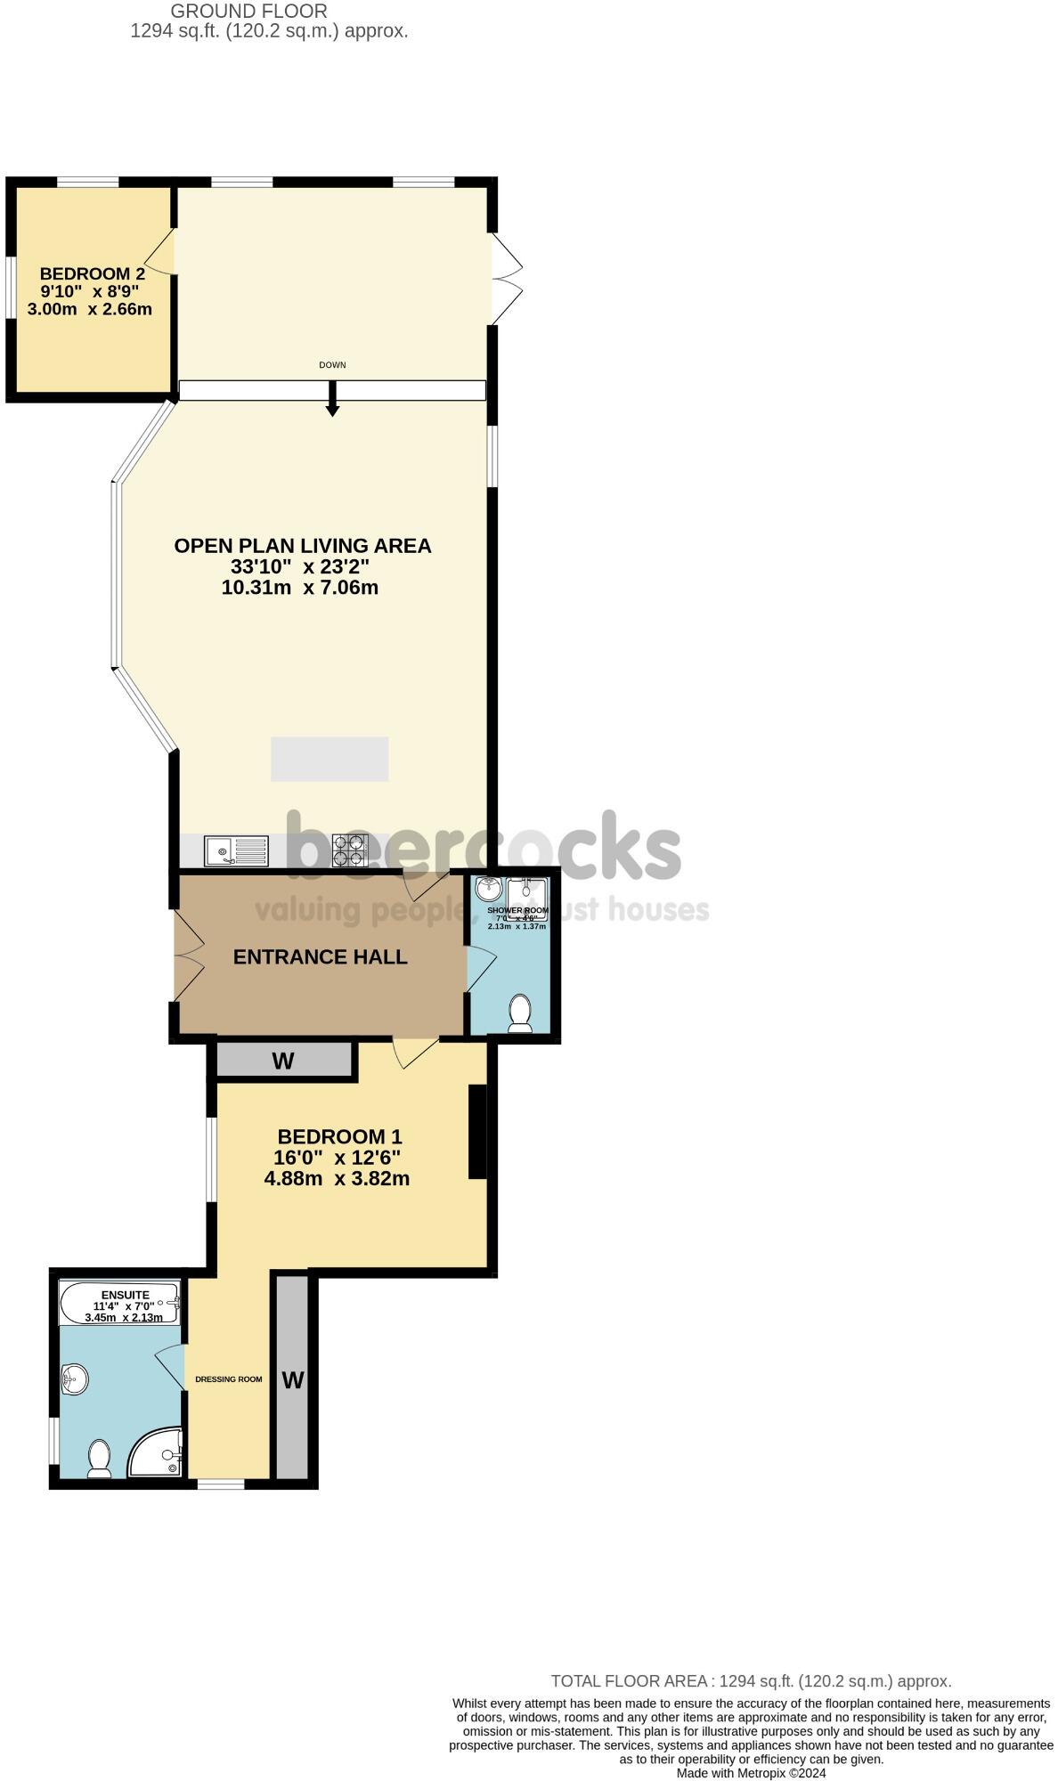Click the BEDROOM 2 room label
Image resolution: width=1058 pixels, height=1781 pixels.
click(x=93, y=274)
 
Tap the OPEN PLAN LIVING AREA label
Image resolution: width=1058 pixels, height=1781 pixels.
click(x=302, y=546)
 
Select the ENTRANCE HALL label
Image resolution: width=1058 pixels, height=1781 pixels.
click(x=320, y=956)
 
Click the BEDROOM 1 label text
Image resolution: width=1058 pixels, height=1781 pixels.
click(x=339, y=1136)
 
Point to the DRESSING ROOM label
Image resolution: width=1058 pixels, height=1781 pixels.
click(x=229, y=1379)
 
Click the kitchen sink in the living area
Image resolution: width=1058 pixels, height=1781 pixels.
click(x=236, y=850)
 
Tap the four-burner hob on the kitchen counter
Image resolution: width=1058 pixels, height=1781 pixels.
click(x=349, y=850)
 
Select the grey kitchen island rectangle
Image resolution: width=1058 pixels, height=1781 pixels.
click(x=330, y=759)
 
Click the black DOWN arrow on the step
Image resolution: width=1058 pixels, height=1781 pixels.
click(x=332, y=400)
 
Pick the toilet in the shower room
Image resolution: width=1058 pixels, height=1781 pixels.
click(x=519, y=1013)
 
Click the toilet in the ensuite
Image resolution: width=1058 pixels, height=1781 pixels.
click(x=99, y=1459)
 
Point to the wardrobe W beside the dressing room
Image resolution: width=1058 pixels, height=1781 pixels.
click(x=292, y=1380)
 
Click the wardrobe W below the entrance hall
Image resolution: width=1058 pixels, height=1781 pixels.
click(x=283, y=1061)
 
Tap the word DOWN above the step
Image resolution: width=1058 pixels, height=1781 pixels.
click(x=332, y=365)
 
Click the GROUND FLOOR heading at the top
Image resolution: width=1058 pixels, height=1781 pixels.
click(x=248, y=12)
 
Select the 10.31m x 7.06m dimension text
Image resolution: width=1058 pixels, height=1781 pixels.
click(x=299, y=588)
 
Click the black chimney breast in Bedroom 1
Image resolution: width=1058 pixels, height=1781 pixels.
click(x=478, y=1131)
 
